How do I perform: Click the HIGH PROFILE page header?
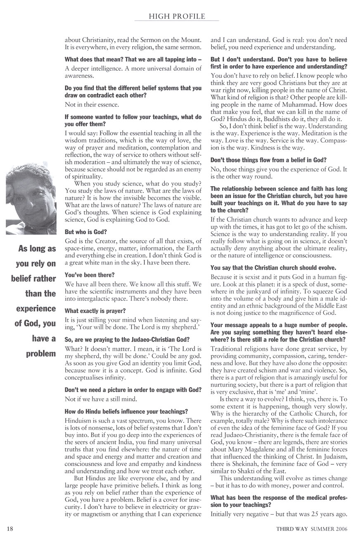pyautogui.click(x=177, y=17)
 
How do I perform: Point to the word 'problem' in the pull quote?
pyautogui.click(x=40, y=354)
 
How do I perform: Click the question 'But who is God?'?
pyautogui.click(x=83, y=232)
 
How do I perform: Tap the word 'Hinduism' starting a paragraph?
pyautogui.click(x=78, y=422)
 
